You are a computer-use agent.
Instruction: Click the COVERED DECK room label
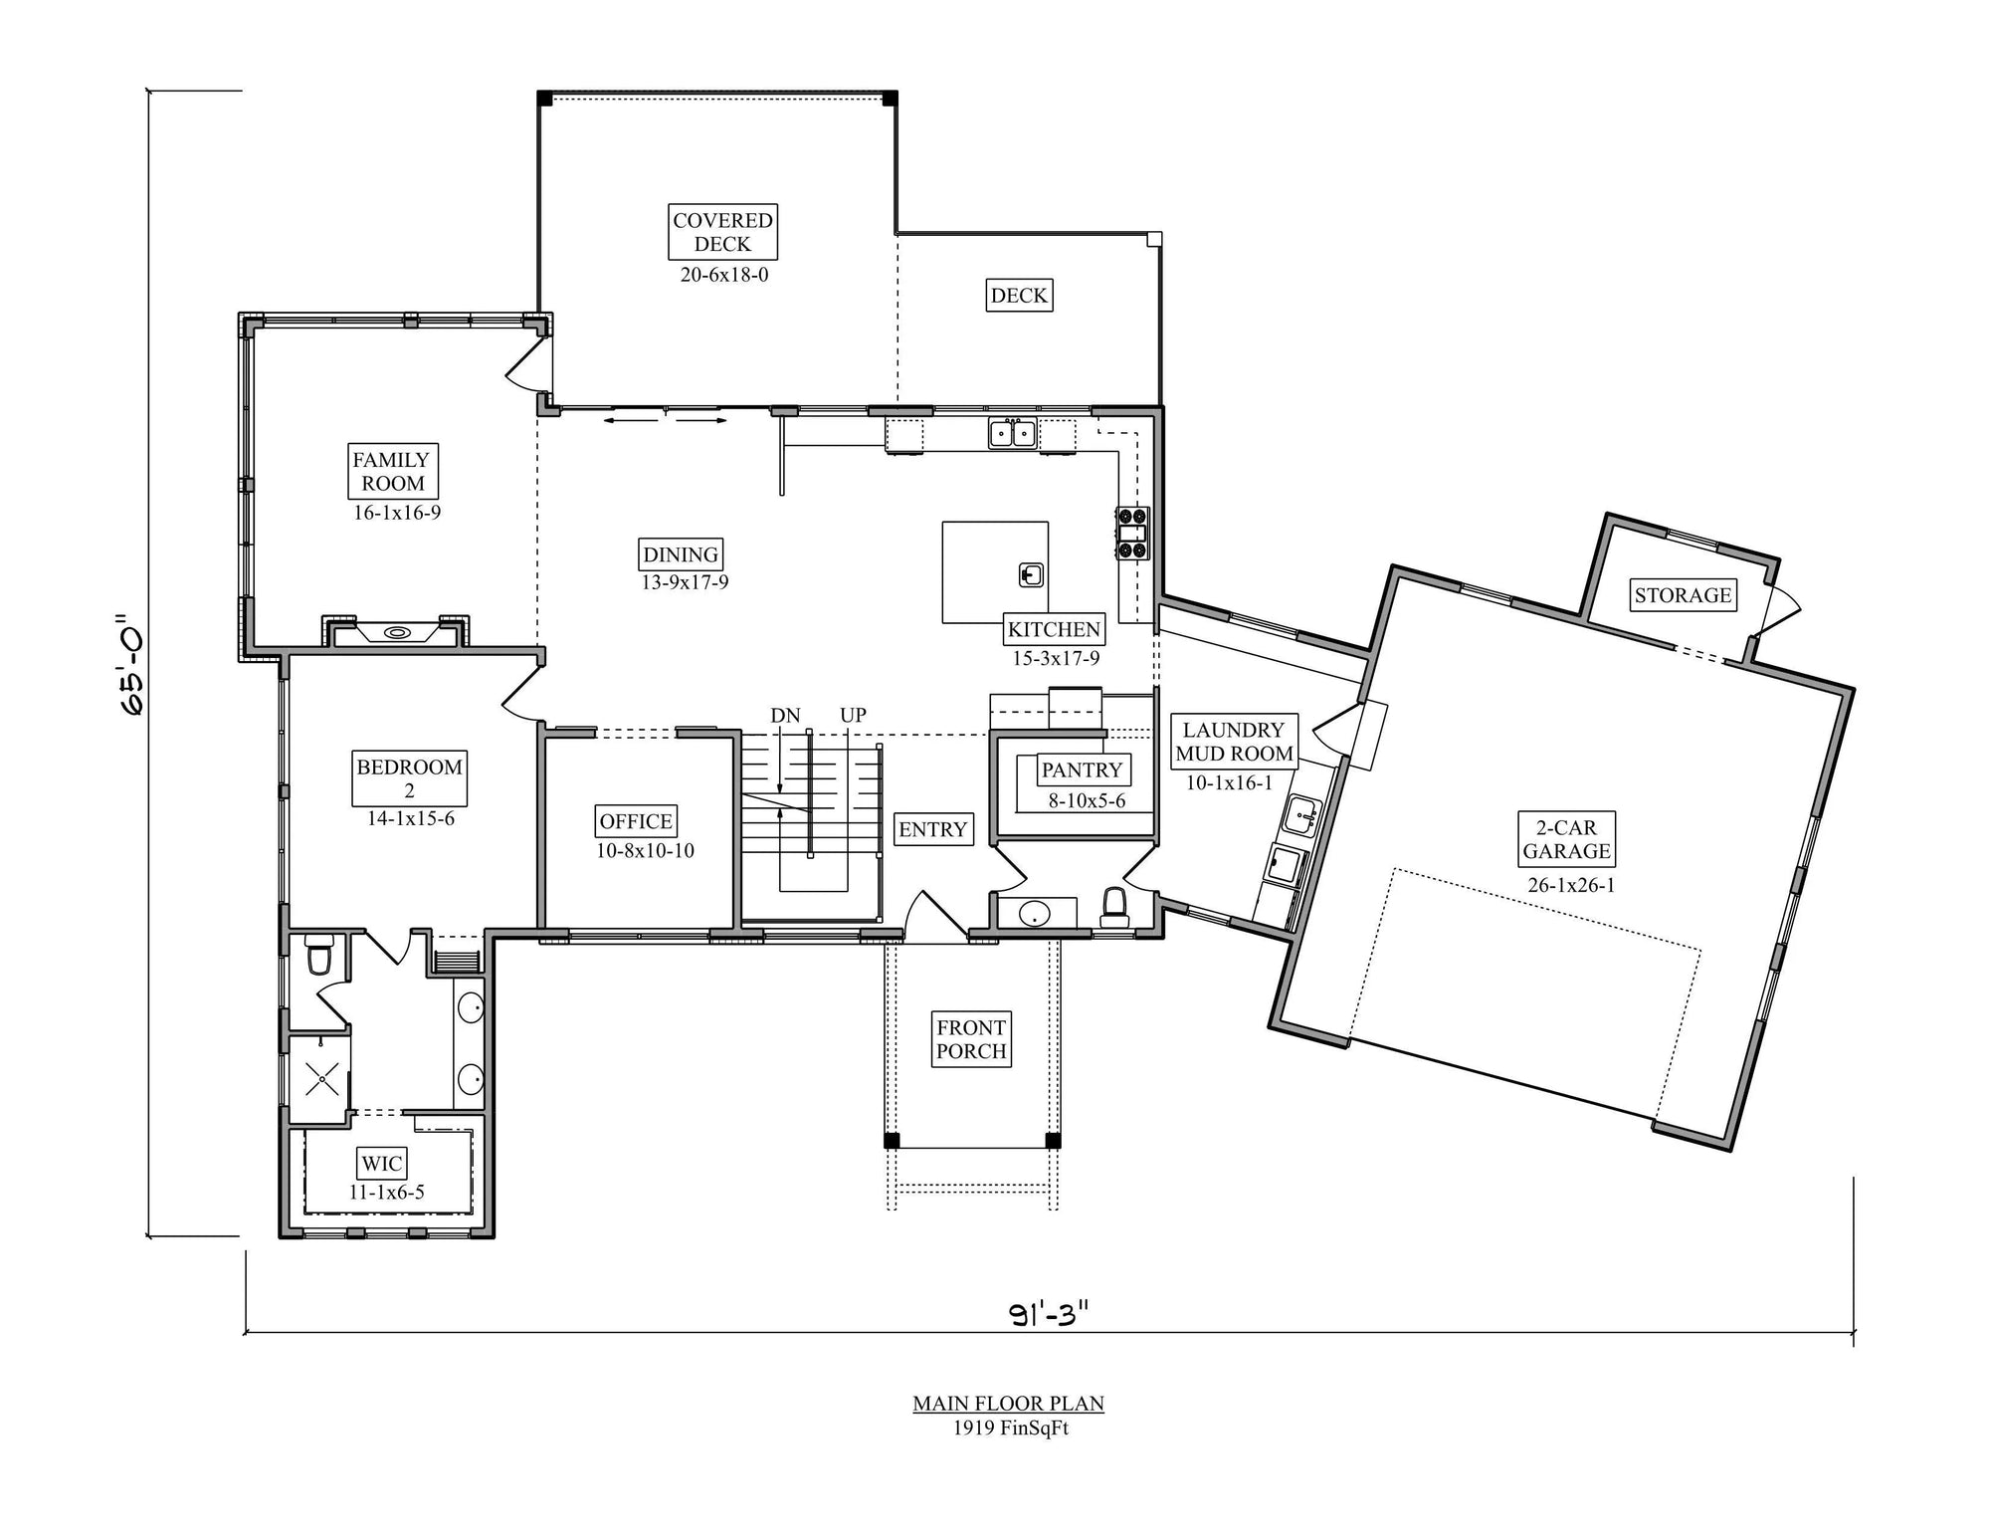(722, 232)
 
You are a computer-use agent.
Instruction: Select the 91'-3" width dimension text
(1050, 1315)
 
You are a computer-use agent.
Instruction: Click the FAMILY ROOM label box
(392, 472)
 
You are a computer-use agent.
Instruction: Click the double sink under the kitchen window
(1012, 433)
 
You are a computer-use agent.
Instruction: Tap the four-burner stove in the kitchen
(1132, 533)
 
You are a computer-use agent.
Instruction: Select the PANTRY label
(1082, 769)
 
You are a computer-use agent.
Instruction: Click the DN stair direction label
(785, 715)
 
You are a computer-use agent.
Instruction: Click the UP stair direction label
(853, 715)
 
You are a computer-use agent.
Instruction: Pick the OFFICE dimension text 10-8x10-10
(645, 850)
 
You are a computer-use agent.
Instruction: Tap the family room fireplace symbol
(396, 631)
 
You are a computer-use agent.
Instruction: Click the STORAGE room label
(1683, 595)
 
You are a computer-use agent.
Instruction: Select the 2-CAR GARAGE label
(1566, 839)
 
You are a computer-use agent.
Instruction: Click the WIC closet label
(382, 1163)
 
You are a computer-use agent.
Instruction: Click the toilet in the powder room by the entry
(1114, 907)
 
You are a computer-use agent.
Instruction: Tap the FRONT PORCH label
(971, 1039)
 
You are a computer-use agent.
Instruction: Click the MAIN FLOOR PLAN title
(1008, 1404)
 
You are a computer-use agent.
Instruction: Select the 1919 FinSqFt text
(1010, 1428)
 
